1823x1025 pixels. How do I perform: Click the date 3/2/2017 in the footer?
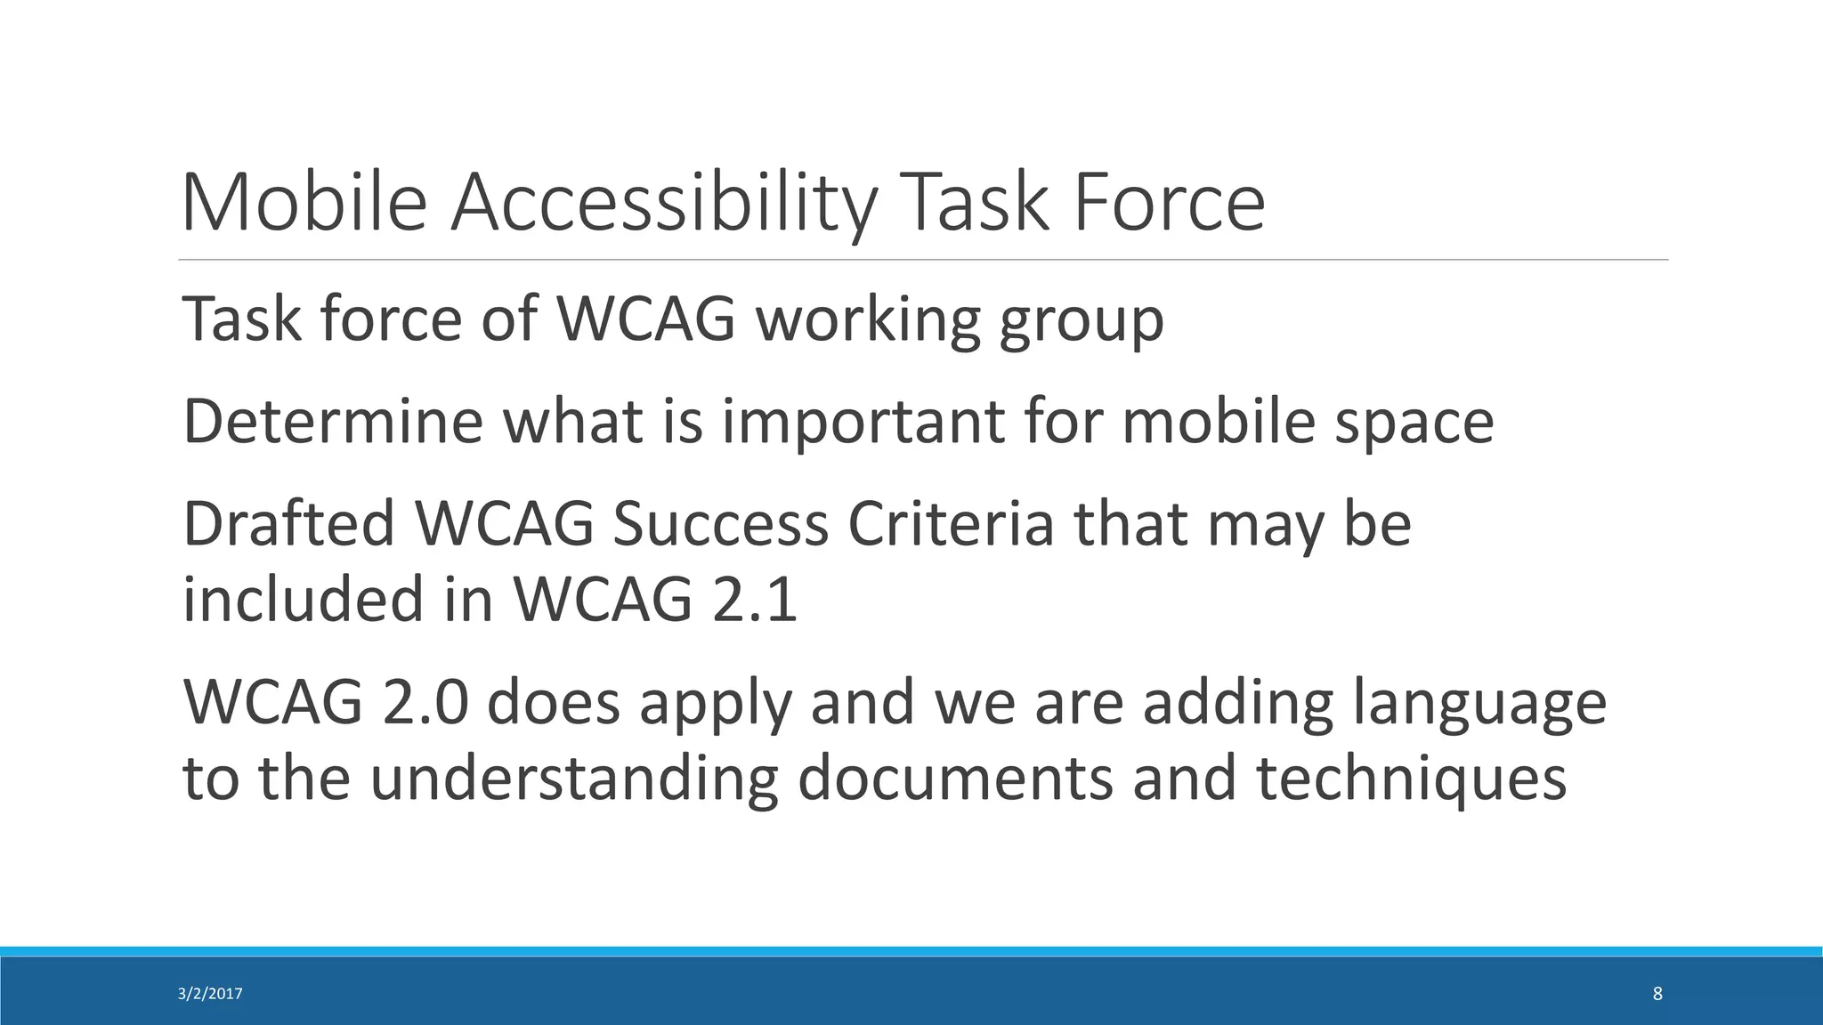(210, 994)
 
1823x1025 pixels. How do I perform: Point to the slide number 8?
(1657, 994)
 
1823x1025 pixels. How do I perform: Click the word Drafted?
(288, 524)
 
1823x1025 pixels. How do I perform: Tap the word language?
(1479, 702)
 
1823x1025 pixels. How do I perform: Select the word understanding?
(574, 778)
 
